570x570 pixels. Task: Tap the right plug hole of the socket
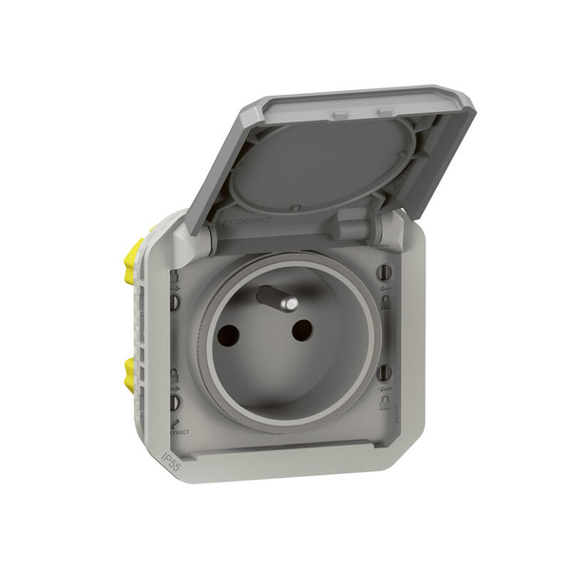(x=302, y=330)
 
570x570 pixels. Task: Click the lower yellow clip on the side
(x=130, y=375)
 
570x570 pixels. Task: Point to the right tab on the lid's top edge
(x=385, y=112)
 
